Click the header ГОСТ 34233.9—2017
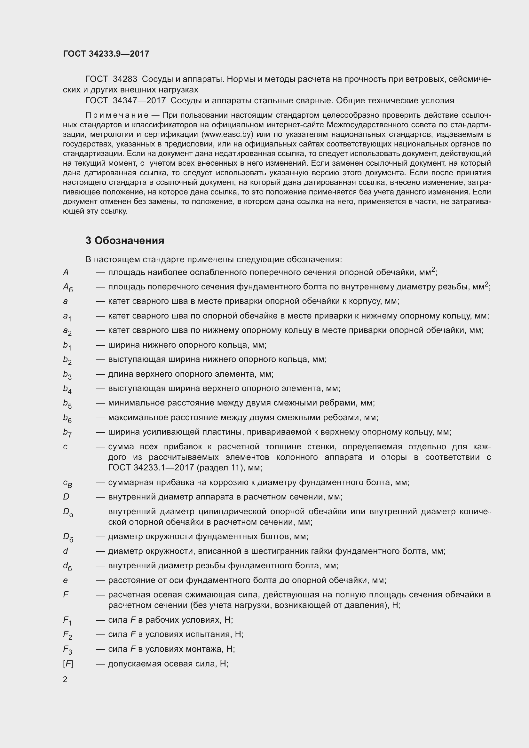pos(106,54)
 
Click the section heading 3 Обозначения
pos(125,240)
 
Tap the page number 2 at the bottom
pos(65,679)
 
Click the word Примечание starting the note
pos(117,115)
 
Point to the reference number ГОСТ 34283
pos(111,79)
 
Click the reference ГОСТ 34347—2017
pos(125,101)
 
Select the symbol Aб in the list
pos(68,287)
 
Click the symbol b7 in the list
pos(67,433)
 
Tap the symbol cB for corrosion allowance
pos(67,483)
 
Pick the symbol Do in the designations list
pos(68,512)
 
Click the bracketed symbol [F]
pos(68,664)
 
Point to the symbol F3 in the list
pos(67,650)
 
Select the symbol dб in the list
pos(67,567)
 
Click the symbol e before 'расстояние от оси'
pos(66,580)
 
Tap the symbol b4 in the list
pos(67,389)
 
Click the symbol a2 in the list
pos(67,331)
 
